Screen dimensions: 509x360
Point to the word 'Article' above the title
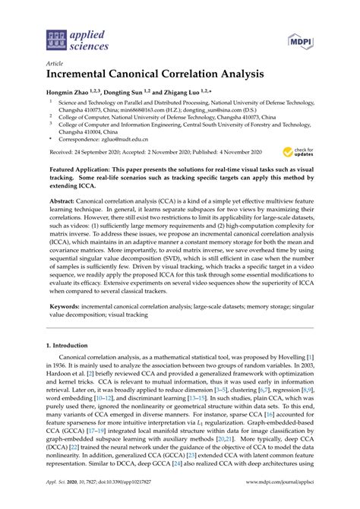click(55, 65)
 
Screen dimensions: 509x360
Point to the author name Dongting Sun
click(125, 91)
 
